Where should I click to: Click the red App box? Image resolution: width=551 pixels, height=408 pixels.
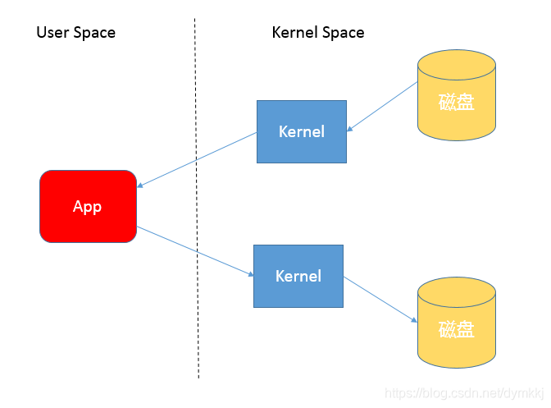88,206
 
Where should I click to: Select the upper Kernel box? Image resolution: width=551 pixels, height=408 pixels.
302,131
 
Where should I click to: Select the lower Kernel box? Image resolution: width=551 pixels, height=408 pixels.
298,276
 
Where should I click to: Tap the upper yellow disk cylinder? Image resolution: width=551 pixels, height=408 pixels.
457,95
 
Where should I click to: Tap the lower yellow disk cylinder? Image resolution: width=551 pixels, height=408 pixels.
457,323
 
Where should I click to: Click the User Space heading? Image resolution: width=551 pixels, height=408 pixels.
76,32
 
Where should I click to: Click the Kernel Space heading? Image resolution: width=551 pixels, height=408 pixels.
318,32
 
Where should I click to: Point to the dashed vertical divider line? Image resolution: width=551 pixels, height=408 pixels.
197,199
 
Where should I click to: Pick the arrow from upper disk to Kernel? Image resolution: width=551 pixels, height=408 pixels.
382,107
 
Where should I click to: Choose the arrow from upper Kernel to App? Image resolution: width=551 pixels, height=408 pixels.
197,160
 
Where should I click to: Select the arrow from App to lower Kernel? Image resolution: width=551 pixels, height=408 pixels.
195,251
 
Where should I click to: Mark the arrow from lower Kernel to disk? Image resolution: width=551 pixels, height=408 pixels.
380,300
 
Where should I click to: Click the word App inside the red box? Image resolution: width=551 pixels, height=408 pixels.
87,206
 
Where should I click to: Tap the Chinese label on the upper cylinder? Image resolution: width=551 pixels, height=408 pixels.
457,102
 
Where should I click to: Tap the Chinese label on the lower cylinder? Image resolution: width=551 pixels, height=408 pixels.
457,329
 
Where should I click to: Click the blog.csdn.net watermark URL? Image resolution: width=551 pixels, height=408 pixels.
464,393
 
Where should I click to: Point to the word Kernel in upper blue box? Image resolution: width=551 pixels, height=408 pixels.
302,131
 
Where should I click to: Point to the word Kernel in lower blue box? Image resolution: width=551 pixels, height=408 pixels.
298,276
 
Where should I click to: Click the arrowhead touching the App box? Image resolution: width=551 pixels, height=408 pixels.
139,186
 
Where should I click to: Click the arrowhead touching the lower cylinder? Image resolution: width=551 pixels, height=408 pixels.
414,320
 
